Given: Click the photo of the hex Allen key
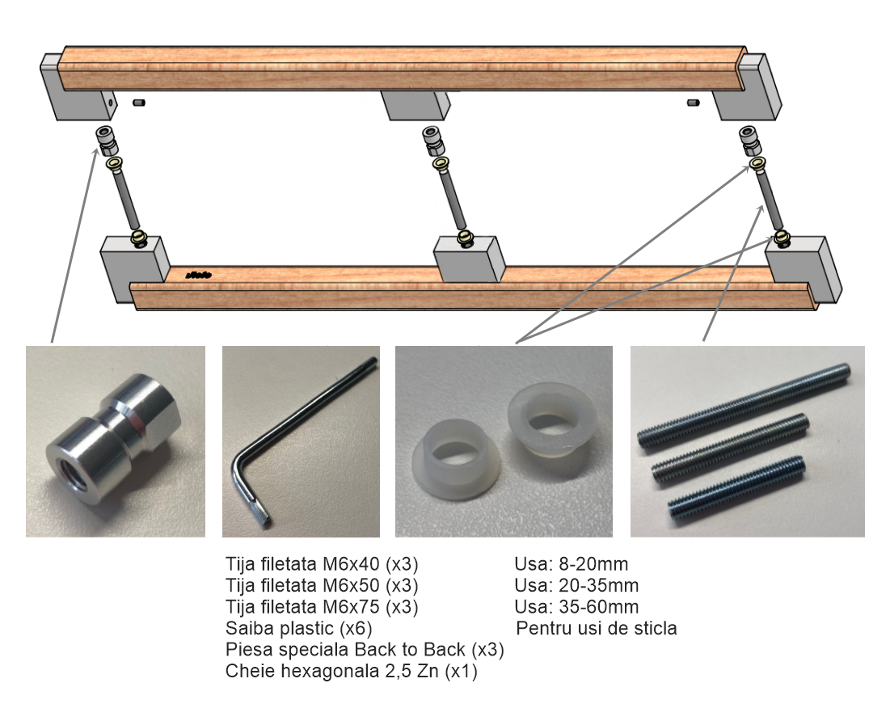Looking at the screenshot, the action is click(x=301, y=441).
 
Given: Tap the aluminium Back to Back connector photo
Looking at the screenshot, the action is click(x=116, y=441).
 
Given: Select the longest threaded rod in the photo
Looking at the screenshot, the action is click(x=744, y=406).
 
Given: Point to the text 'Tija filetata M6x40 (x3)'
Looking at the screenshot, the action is click(x=322, y=564).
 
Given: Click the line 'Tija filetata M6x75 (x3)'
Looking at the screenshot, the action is click(x=322, y=606).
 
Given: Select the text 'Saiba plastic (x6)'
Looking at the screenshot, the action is click(x=298, y=628).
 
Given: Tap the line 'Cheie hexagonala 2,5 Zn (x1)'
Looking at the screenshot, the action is click(x=352, y=671).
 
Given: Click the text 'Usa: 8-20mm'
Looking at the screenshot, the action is click(x=572, y=564).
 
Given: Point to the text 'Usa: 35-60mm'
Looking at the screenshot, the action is click(x=576, y=606).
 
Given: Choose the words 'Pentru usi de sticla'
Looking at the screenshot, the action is click(x=597, y=628).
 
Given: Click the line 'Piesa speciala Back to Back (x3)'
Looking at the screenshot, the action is click(x=365, y=649).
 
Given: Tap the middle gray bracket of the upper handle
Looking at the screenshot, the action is click(x=415, y=106).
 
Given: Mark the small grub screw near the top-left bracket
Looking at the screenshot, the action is click(x=138, y=103).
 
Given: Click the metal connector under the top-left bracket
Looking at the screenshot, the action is click(x=107, y=141).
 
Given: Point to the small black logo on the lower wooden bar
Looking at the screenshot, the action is click(x=199, y=276).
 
